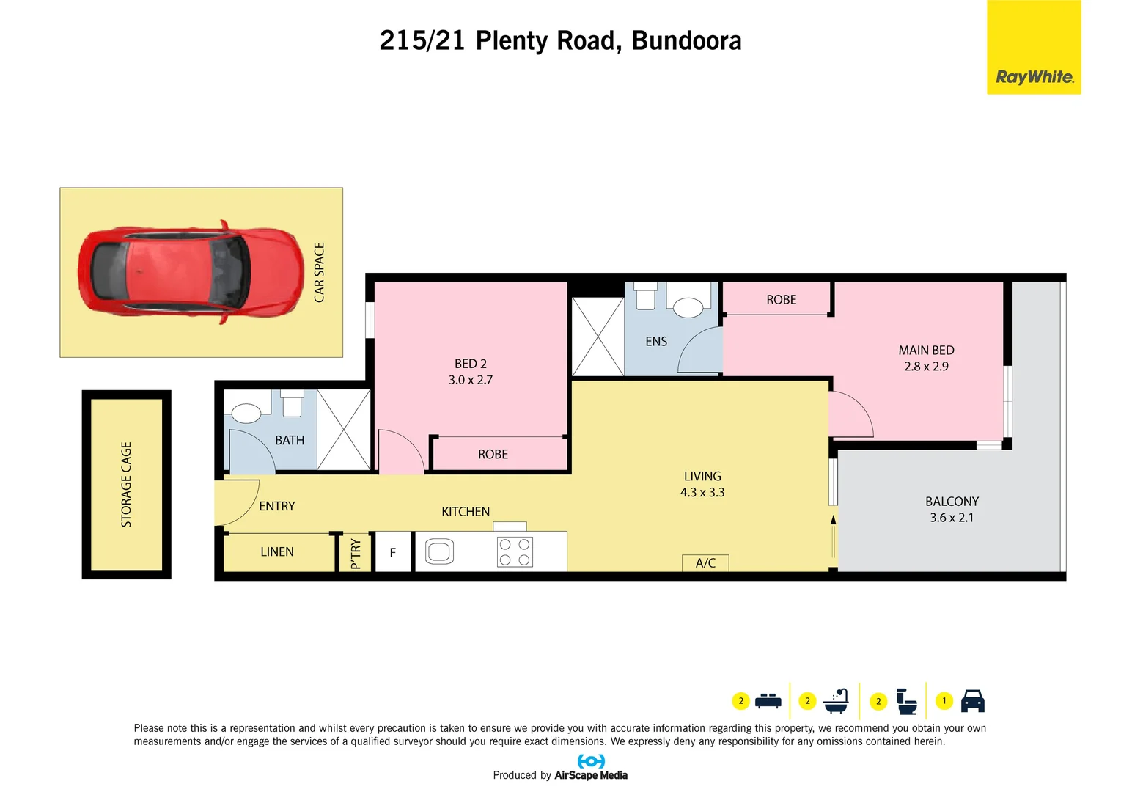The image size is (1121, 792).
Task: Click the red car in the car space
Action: coord(191,272)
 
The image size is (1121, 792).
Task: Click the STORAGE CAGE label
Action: coord(126,484)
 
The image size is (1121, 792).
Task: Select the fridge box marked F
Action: coord(393,552)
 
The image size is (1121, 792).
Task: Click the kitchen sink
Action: coord(439,551)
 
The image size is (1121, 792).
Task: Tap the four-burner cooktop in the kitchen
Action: coord(515,551)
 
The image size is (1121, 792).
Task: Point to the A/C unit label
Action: coord(705,562)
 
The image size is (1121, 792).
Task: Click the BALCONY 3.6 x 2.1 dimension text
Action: coord(952,518)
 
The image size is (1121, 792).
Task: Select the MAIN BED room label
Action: coord(926,351)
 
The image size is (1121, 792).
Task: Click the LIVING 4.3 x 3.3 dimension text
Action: coord(702,493)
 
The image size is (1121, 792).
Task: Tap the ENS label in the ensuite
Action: coord(656,342)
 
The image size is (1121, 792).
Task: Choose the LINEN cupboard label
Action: coord(277,551)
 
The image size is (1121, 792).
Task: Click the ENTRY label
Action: coord(277,506)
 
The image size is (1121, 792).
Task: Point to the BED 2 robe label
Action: coord(493,455)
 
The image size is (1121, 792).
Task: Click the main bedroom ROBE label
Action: coord(781,300)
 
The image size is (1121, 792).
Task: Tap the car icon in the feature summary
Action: coord(972,701)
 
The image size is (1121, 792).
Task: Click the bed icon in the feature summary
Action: coord(768,701)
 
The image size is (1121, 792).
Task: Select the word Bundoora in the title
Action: coord(686,41)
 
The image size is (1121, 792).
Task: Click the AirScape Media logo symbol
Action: coord(591,761)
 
